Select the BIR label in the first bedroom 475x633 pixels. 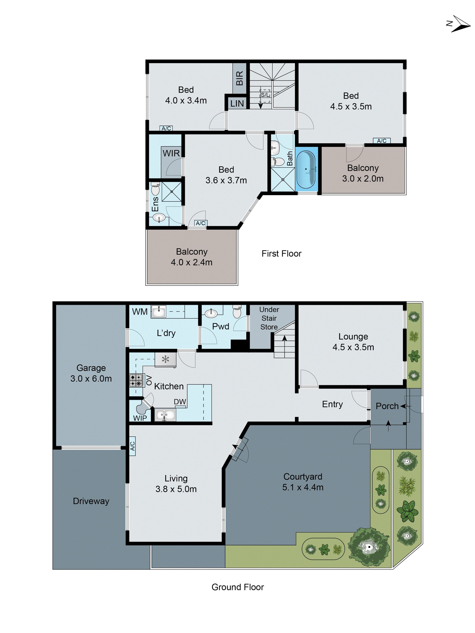239,78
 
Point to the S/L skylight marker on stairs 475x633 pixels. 265,95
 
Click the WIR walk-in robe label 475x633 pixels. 171,153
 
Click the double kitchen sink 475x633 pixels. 165,415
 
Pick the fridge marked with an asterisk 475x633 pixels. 165,359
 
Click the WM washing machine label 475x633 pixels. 140,312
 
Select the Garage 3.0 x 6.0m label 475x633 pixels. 91,373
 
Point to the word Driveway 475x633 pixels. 91,501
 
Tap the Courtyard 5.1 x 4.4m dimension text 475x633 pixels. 303,487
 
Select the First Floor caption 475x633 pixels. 281,254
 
